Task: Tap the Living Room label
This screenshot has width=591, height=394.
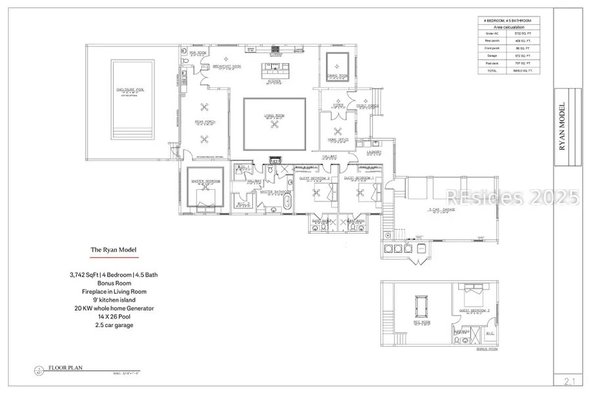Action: click(274, 116)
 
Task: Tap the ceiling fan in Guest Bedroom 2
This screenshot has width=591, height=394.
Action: click(317, 193)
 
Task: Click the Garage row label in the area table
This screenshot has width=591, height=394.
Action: click(489, 56)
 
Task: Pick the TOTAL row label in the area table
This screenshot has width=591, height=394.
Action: click(489, 70)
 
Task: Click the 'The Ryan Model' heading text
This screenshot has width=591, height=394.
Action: click(114, 250)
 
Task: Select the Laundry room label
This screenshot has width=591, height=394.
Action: click(374, 152)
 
